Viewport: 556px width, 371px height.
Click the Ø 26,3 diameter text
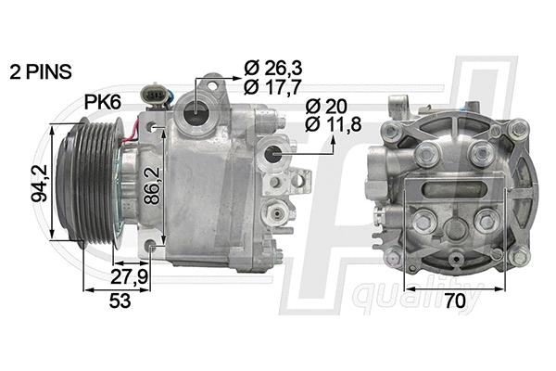273,67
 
